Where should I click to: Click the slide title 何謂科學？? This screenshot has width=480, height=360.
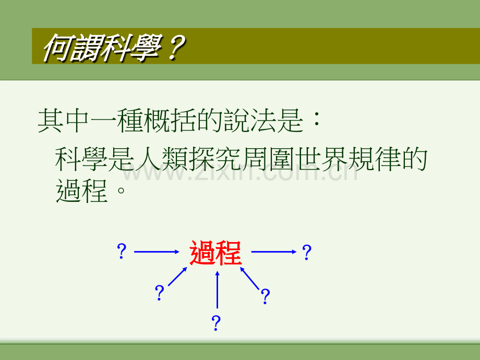pos(114,48)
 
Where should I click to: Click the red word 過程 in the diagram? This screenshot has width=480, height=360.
pos(215,253)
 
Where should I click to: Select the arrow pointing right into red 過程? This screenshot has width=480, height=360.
pos(157,251)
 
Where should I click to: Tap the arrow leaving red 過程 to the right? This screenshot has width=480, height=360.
pos(274,251)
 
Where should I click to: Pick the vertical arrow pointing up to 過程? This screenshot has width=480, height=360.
pos(218,290)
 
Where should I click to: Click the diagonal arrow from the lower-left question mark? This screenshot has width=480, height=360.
pos(177,277)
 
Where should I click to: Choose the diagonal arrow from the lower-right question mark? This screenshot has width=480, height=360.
pos(249,278)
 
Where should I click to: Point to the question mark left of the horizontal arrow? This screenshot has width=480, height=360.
pos(122,251)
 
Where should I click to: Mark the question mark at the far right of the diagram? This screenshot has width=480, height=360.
pos(306,252)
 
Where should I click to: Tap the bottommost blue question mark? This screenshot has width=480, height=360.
pos(216,323)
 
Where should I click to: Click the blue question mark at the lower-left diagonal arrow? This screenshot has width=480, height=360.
pos(160,292)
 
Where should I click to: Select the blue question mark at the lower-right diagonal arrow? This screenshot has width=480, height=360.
pos(265,296)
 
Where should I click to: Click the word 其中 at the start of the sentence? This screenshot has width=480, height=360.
pos(64,121)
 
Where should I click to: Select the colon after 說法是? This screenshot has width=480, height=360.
pos(317,119)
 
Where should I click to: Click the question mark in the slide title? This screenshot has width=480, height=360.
pos(175,48)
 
